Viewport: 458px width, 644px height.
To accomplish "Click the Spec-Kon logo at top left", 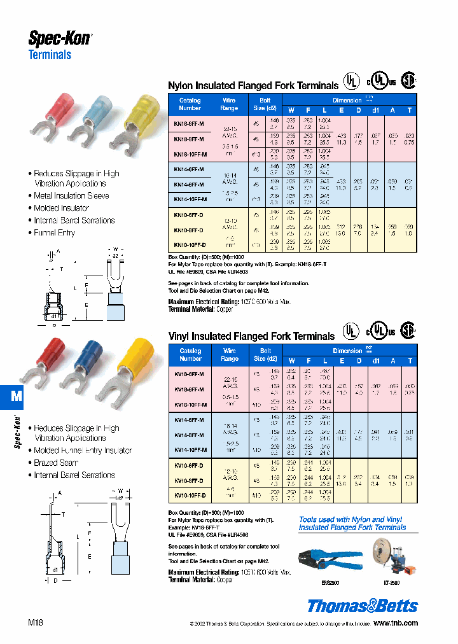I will click(x=60, y=38).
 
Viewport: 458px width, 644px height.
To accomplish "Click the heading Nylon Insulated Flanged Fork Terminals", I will click(x=253, y=85).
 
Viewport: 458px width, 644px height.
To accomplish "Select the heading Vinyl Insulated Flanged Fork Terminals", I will click(x=251, y=336).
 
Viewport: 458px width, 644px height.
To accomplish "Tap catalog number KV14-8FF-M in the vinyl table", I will click(x=189, y=435).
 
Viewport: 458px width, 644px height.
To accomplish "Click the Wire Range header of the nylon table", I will click(x=229, y=104).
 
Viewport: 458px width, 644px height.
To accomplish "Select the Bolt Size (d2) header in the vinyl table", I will click(x=265, y=354).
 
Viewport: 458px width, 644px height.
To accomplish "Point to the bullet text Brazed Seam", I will click(x=56, y=463).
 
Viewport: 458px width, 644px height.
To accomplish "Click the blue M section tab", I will click(x=17, y=396).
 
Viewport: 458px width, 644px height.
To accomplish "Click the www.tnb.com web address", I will click(x=395, y=623).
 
